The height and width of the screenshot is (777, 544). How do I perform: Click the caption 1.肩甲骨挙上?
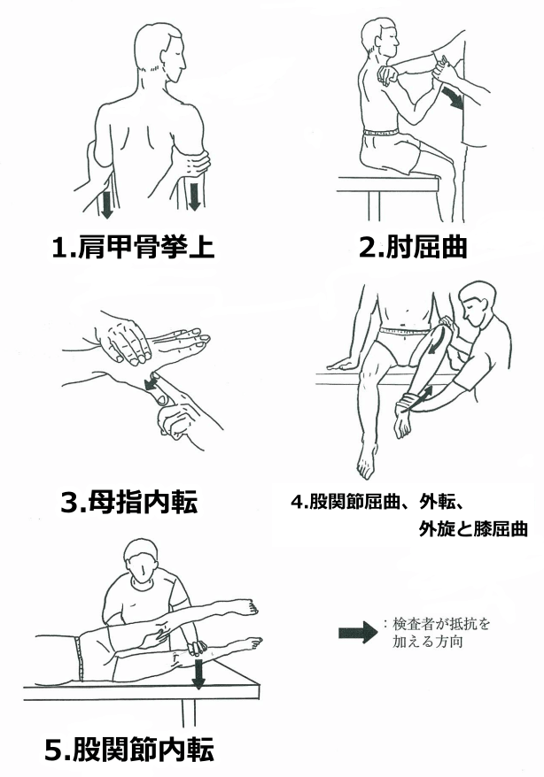(x=133, y=246)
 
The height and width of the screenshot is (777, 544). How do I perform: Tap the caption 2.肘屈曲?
(x=413, y=246)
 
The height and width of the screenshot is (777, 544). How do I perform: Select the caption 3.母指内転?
(x=129, y=502)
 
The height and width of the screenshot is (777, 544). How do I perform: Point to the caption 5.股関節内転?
(x=129, y=750)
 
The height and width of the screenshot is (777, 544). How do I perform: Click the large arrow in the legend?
(x=358, y=632)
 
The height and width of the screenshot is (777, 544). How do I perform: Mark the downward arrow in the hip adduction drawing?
(x=198, y=674)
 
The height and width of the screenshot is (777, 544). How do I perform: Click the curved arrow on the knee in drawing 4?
(x=437, y=339)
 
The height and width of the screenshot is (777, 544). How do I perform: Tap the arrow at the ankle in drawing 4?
(x=418, y=398)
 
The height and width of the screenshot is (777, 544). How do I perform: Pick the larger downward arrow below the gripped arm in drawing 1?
(x=194, y=195)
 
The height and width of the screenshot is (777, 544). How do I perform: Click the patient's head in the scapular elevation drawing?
(x=159, y=55)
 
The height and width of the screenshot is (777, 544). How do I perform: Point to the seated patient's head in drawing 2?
(x=379, y=39)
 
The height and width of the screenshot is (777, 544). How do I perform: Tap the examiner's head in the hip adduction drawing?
(x=142, y=559)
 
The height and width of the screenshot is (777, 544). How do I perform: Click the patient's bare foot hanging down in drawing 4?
(x=367, y=459)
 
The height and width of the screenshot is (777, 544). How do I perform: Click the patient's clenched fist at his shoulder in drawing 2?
(x=388, y=75)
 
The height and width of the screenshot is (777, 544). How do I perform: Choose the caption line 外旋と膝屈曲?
(x=473, y=529)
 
